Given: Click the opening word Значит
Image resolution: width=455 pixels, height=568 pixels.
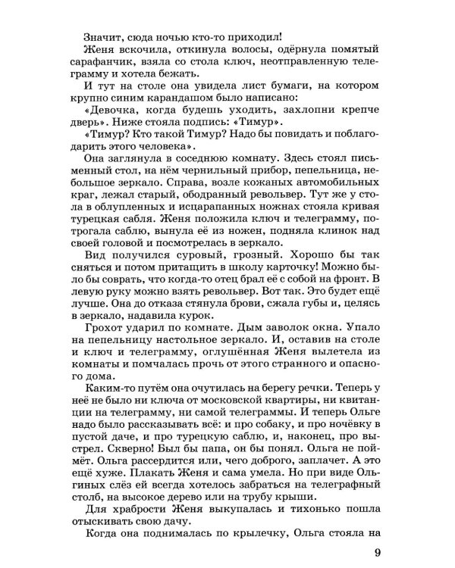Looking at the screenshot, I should point(106,35).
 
